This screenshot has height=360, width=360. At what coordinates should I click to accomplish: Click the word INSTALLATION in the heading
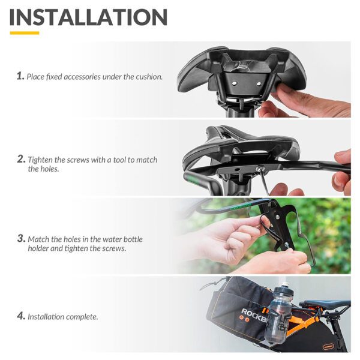(x=89, y=17)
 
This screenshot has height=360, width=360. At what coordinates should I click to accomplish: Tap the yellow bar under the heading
(x=24, y=32)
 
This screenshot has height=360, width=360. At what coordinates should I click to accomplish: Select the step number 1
(x=20, y=76)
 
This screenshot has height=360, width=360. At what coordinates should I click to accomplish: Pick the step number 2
(x=20, y=160)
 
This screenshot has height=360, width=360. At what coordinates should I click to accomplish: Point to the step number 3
(x=20, y=239)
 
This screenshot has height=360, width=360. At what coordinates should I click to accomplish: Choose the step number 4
(x=20, y=316)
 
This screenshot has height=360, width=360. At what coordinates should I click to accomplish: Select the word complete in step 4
(x=82, y=316)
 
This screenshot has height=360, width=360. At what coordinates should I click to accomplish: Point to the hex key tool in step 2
(x=261, y=179)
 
